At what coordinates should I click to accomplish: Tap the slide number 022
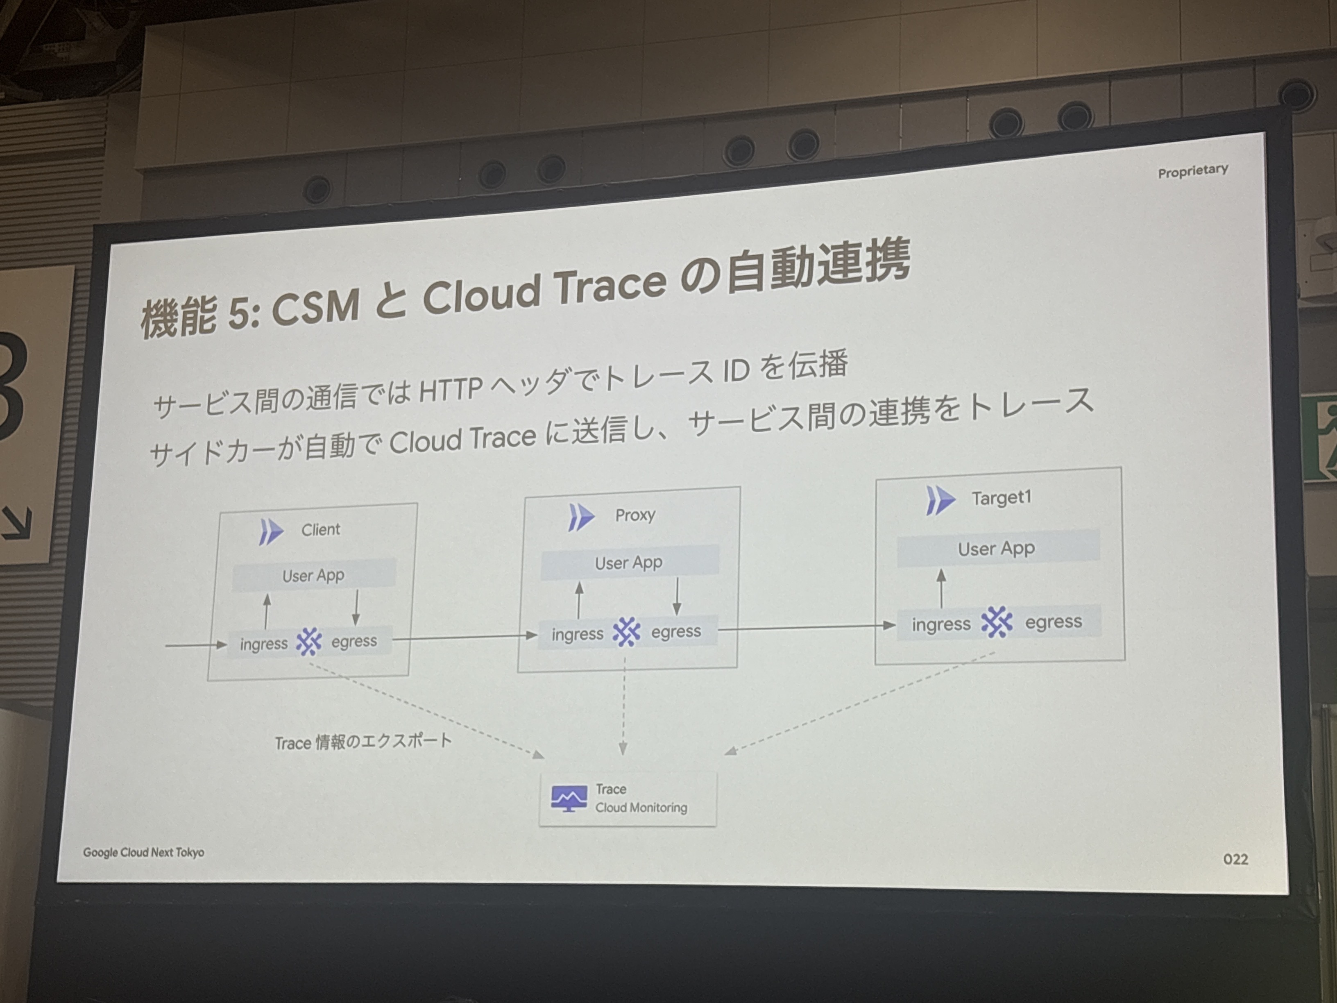coord(1235,859)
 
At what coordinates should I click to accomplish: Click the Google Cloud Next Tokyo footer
coord(144,853)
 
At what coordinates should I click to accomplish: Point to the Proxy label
coord(635,515)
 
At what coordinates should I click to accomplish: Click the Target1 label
coord(1002,498)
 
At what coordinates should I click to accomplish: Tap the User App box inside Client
coord(314,575)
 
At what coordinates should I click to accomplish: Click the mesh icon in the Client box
coord(309,642)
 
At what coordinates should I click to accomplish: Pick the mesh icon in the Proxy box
coord(626,632)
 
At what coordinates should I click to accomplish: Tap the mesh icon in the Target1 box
coord(997,622)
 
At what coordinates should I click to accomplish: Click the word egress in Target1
coord(1054,622)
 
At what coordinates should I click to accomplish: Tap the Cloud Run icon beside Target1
coord(940,501)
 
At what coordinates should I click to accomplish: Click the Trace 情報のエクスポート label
coord(363,741)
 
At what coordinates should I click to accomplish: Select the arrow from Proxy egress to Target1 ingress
coord(807,628)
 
